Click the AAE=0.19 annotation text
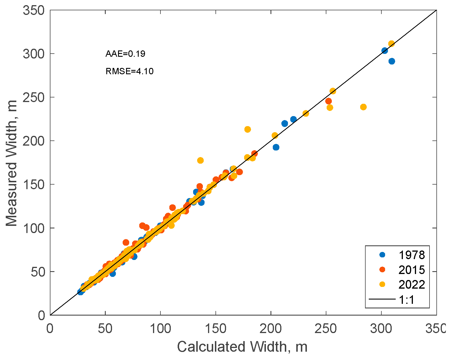125,54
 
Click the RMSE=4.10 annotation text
130,71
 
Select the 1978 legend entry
411,255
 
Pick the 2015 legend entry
411,270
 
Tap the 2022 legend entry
411,285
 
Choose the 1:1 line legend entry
407,300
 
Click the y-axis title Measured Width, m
11,163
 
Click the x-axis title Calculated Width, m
242,347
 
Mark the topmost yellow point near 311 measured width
391,44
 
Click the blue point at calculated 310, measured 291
392,61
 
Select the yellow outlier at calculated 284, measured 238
363,107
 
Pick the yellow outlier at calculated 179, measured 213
248,129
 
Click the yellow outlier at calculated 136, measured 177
200,160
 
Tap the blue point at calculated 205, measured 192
276,147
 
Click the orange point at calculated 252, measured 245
328,101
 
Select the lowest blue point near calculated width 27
81,292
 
